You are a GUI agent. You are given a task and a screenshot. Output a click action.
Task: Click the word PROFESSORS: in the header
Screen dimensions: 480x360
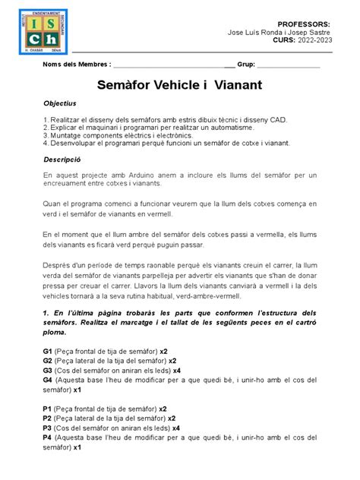pyautogui.click(x=304, y=24)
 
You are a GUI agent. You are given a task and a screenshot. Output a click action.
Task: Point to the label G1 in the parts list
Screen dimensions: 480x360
pyautogui.click(x=47, y=351)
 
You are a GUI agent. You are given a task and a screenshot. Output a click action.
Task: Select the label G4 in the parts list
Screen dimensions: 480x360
pyautogui.click(x=47, y=379)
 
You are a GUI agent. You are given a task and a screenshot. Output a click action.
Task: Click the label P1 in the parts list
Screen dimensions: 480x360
pyautogui.click(x=47, y=408)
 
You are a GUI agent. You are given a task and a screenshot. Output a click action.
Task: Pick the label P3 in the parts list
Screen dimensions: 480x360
pyautogui.click(x=47, y=428)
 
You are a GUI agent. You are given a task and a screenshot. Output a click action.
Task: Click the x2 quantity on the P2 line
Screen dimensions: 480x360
pyautogui.click(x=172, y=418)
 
